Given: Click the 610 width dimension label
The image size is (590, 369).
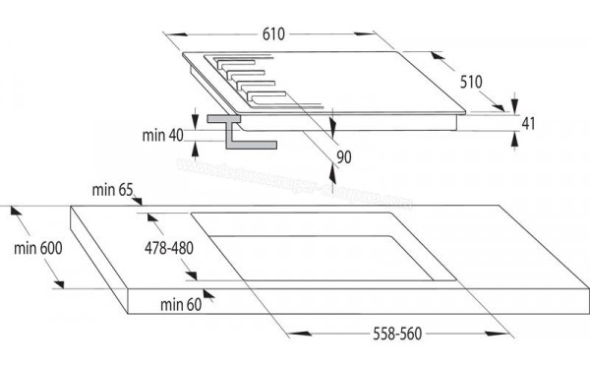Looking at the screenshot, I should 272,34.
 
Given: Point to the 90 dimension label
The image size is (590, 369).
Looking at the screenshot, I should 343,156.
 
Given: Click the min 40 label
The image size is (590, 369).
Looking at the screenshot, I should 162,135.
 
